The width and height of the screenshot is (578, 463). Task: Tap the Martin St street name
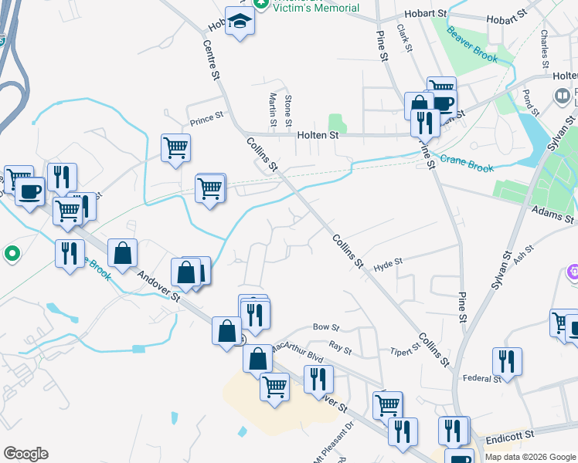coord(273,110)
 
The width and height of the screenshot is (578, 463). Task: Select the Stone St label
coord(288,110)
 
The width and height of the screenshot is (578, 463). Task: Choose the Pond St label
coord(528,101)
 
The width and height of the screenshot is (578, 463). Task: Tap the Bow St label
coord(321,327)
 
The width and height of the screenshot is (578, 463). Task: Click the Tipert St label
coord(405,346)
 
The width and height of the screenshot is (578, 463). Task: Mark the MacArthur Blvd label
coord(296,351)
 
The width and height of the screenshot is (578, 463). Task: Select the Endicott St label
coord(511,438)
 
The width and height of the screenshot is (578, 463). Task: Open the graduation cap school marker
coord(240,23)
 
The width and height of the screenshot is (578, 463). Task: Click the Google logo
coord(25,454)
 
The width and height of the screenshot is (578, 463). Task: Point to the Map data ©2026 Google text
coord(529,457)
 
